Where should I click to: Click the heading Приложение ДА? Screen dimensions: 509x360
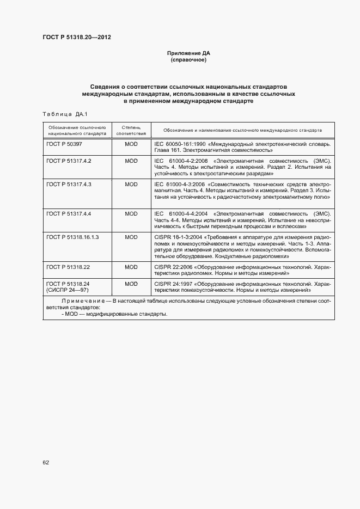(x=188, y=53)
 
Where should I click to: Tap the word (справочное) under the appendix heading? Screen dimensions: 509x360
(x=188, y=60)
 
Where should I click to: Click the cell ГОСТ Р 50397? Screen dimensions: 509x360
(x=64, y=144)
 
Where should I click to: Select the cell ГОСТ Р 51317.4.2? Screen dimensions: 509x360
(x=69, y=162)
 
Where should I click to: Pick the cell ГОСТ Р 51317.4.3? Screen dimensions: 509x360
(x=69, y=185)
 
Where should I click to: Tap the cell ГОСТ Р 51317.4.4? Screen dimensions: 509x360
(x=69, y=214)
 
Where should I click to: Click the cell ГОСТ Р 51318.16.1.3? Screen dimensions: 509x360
(x=72, y=237)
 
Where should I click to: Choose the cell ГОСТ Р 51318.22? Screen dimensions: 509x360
(x=68, y=267)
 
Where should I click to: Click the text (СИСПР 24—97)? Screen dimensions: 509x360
(x=68, y=291)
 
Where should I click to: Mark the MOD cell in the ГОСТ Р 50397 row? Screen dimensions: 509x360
(x=131, y=144)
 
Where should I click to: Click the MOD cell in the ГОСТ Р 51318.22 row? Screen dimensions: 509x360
(x=131, y=267)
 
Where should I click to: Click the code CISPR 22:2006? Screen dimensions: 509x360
(x=172, y=267)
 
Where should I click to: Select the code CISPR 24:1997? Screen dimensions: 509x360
(x=172, y=284)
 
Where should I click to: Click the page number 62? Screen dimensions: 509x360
(x=46, y=462)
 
